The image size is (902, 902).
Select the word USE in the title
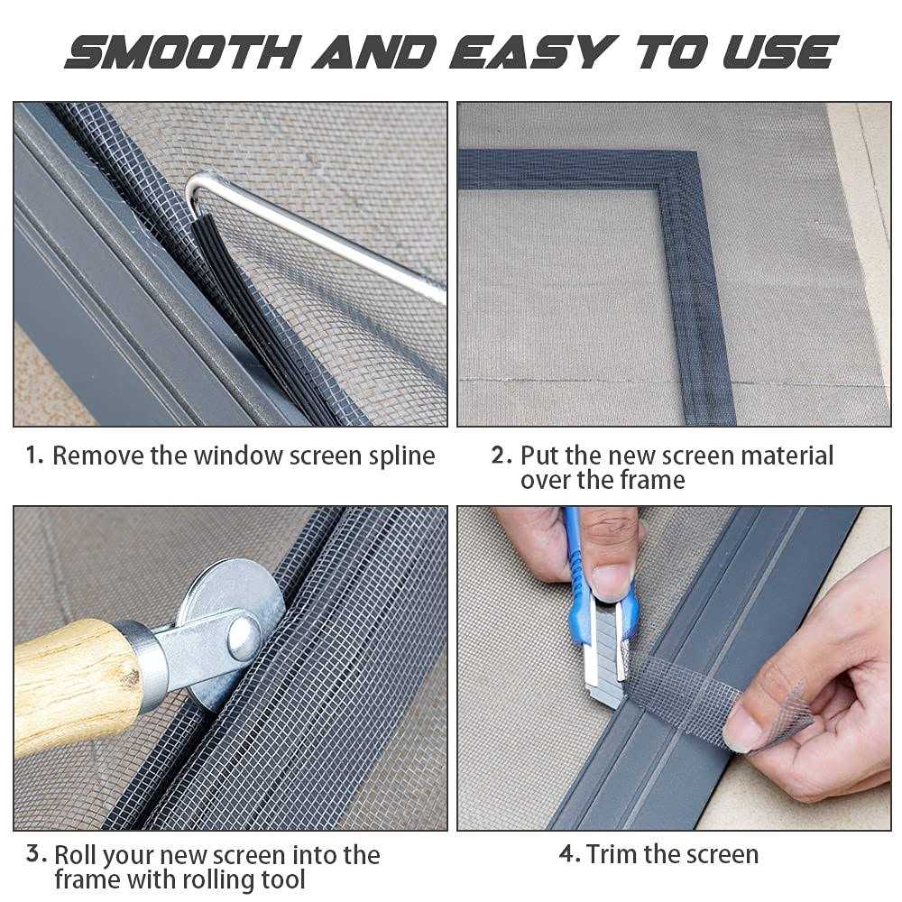778,51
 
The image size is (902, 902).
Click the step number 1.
33,456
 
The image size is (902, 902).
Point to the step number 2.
501,456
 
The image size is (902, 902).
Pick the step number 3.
33,854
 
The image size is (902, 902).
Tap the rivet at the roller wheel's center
243,637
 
